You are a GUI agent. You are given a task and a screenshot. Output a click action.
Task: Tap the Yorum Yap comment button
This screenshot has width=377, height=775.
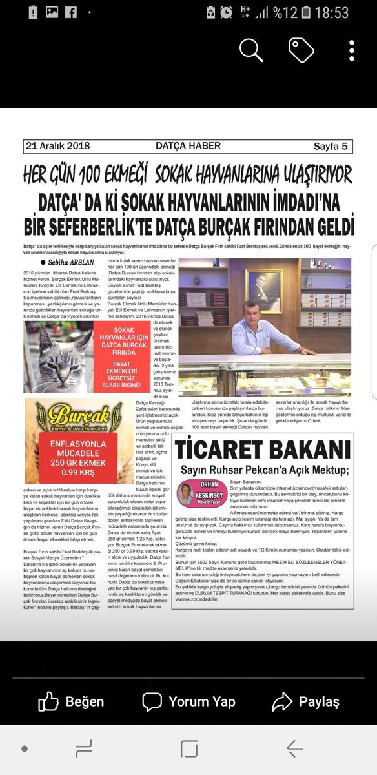tap(188, 701)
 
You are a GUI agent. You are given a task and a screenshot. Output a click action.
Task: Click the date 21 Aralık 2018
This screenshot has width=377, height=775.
tap(58, 147)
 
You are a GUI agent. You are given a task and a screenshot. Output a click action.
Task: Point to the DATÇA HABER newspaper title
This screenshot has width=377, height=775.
tap(187, 147)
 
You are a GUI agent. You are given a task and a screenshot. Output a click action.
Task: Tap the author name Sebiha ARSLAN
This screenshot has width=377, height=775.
tap(72, 263)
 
